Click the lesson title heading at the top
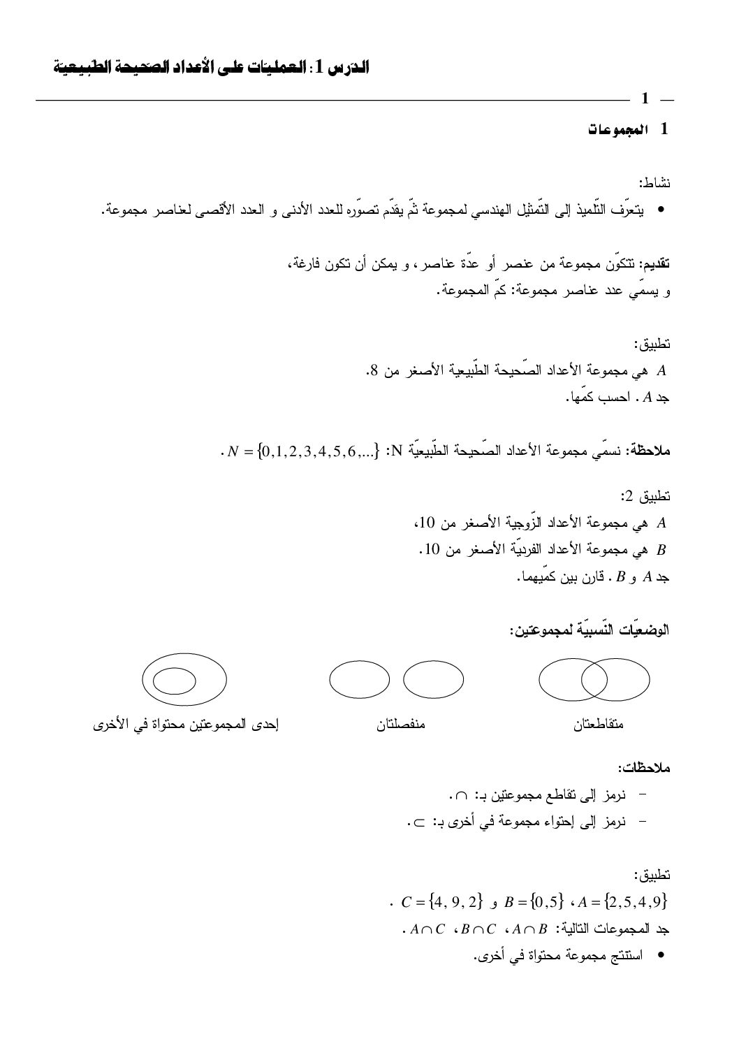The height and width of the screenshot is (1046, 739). (211, 68)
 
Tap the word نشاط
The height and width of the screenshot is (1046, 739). (655, 184)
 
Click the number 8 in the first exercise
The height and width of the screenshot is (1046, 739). (374, 370)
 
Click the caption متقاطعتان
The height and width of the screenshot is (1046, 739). (598, 725)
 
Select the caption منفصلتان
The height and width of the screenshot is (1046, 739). (401, 725)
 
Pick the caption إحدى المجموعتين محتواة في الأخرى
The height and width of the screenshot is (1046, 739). (185, 725)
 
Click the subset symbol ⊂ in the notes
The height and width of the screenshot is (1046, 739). (418, 822)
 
